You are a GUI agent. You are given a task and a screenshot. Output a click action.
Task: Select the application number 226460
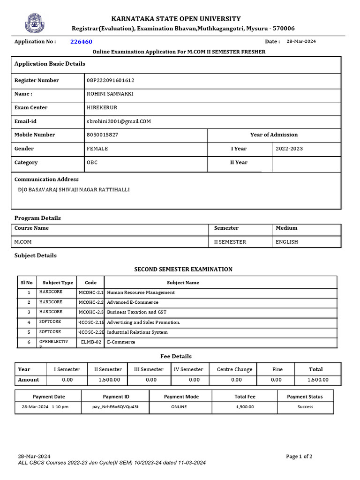click(81, 42)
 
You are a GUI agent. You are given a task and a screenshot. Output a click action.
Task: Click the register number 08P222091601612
click(111, 81)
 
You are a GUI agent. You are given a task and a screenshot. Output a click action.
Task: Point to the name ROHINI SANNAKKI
click(110, 94)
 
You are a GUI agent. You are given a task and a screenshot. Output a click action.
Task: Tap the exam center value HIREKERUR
click(102, 108)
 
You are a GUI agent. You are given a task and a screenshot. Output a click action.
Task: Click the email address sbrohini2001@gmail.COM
click(119, 121)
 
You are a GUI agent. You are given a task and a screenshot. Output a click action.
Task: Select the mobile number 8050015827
click(103, 135)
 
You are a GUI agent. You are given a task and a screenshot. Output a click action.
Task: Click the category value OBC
click(92, 163)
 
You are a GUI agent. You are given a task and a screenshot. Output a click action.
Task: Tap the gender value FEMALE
click(97, 149)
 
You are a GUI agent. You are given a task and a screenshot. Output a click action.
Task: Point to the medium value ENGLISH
click(287, 242)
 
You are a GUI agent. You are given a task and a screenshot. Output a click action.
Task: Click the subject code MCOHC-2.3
click(91, 312)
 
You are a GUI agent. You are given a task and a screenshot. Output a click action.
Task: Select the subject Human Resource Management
click(141, 292)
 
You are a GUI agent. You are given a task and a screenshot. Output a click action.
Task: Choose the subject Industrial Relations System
click(137, 332)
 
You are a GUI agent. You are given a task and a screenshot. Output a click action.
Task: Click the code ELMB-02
click(91, 342)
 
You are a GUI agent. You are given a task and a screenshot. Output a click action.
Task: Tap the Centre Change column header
click(234, 369)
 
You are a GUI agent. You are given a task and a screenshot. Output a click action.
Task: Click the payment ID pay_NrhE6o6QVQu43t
click(116, 407)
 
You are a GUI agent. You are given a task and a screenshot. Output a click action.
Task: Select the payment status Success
click(305, 407)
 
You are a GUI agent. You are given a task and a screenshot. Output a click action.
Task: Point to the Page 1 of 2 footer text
click(299, 457)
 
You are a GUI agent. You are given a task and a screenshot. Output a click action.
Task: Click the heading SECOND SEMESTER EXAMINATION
click(183, 270)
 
